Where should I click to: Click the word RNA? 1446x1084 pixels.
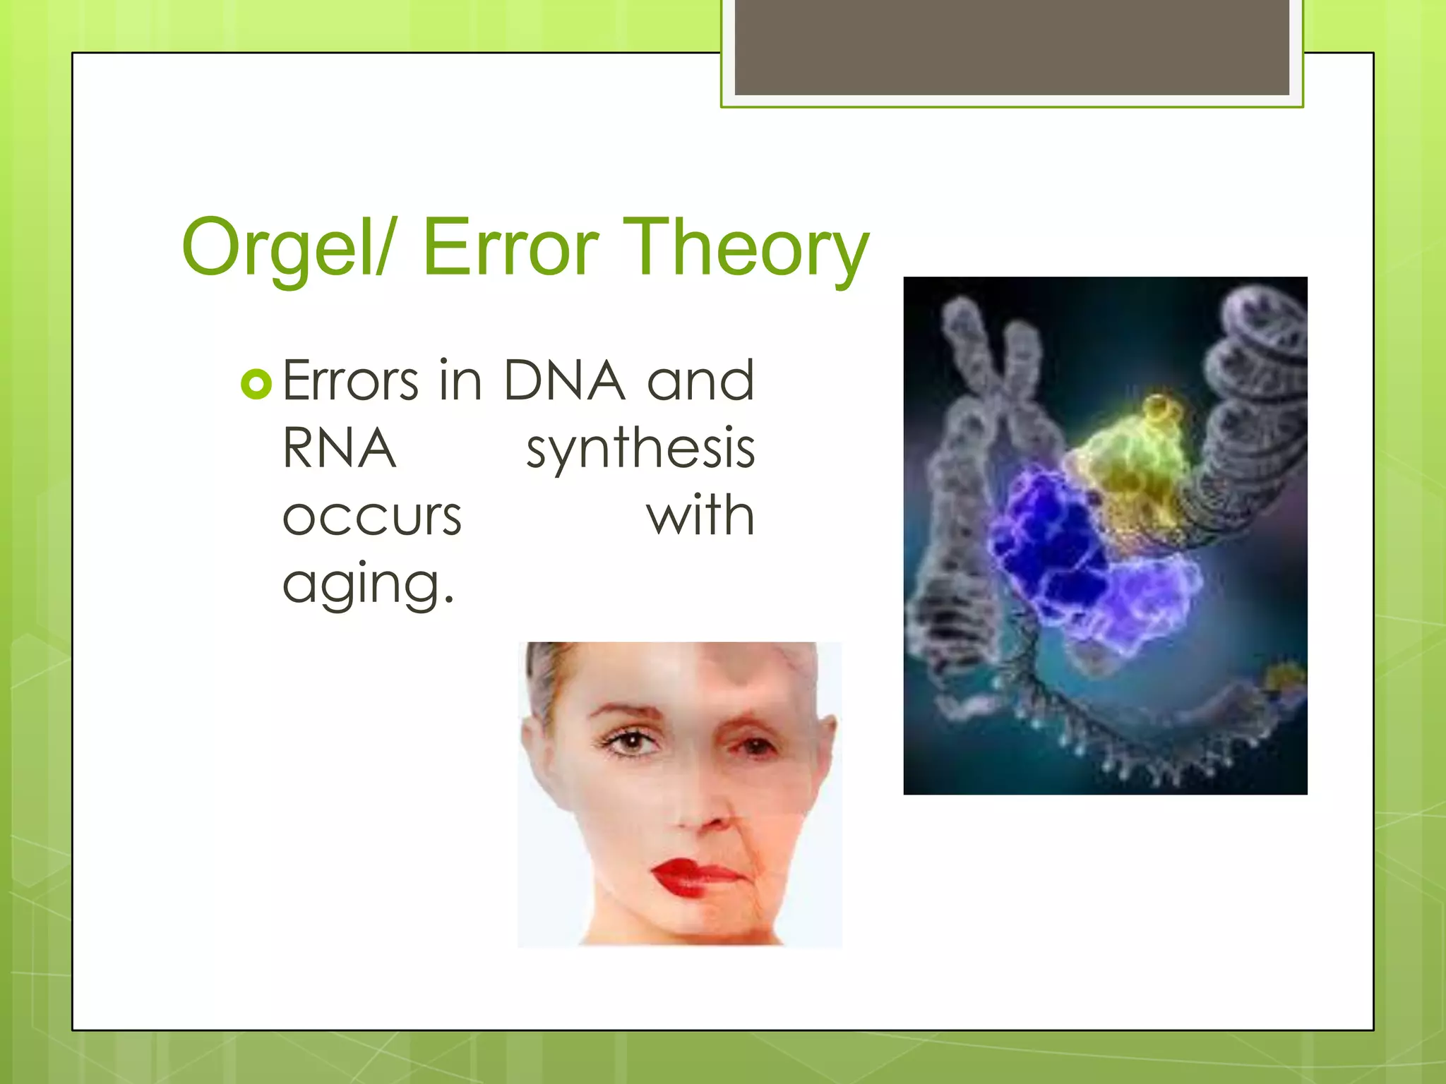(339, 449)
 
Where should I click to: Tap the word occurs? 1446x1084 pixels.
(371, 517)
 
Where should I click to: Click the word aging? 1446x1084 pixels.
(367, 584)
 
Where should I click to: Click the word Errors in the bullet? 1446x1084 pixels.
(351, 382)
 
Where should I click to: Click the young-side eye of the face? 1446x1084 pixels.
(631, 740)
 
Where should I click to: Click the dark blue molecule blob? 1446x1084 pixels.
(1052, 543)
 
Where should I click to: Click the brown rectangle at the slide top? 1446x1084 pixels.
(1011, 47)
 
